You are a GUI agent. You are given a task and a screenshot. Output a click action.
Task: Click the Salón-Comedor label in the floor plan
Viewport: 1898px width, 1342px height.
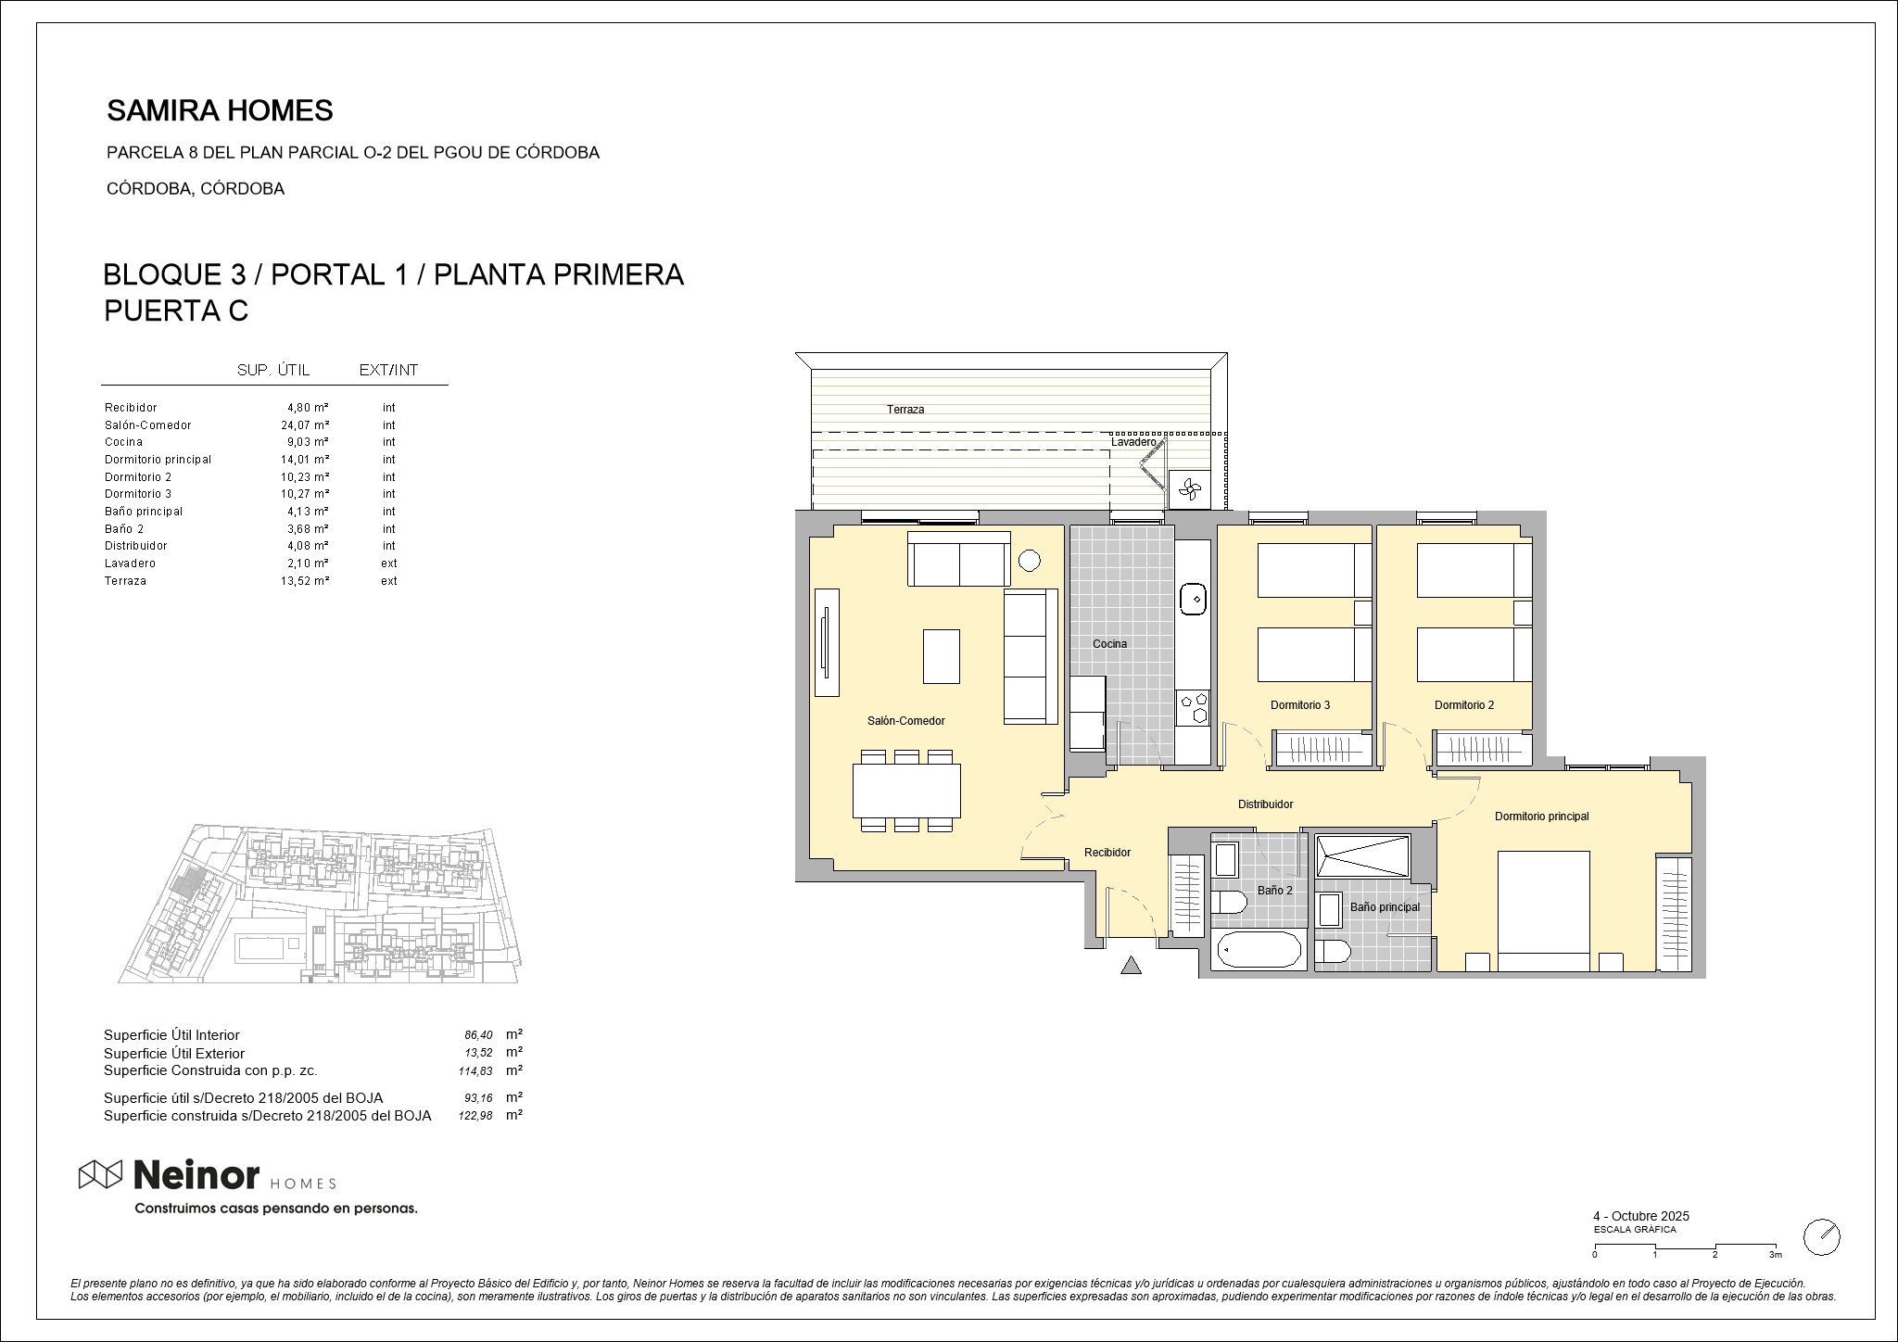point(905,721)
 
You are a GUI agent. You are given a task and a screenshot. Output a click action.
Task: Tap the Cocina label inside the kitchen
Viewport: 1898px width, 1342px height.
point(1109,644)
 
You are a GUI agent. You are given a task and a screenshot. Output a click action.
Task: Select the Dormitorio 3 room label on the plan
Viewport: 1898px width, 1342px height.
point(1299,705)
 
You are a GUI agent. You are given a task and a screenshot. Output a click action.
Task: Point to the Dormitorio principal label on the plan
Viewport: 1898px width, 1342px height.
point(1541,817)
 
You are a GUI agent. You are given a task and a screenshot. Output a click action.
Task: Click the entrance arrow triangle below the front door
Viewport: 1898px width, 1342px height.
point(1130,966)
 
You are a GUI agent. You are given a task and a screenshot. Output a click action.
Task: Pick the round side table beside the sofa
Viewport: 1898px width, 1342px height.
point(1029,560)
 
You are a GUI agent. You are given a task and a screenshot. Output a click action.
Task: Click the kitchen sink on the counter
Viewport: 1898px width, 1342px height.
point(1193,600)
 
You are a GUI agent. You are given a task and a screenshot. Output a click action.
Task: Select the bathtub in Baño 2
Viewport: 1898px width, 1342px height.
point(1259,950)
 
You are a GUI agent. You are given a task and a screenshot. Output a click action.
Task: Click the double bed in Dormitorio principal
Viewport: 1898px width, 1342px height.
point(1543,911)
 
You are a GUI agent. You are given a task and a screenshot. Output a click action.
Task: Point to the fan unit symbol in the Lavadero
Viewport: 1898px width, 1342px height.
point(1189,489)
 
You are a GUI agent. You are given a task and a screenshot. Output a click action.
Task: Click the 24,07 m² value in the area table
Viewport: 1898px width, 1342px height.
point(306,425)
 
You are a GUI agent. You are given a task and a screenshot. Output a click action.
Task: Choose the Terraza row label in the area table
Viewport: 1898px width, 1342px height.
point(125,581)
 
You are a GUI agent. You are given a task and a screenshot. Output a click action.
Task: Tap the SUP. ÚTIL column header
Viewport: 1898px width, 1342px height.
point(273,371)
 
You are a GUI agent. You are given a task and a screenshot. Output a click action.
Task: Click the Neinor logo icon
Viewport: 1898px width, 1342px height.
point(100,1174)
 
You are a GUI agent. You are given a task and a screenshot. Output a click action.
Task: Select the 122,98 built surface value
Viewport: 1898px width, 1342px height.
point(475,1117)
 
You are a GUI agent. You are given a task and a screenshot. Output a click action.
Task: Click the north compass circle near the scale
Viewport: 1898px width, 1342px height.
point(1821,1236)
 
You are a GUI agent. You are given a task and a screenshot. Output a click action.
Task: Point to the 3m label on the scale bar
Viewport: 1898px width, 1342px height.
point(1775,1255)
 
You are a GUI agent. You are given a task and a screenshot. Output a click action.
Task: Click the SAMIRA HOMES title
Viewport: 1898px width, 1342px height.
point(220,111)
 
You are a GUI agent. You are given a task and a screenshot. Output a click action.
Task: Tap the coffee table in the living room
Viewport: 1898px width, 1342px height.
point(942,657)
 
